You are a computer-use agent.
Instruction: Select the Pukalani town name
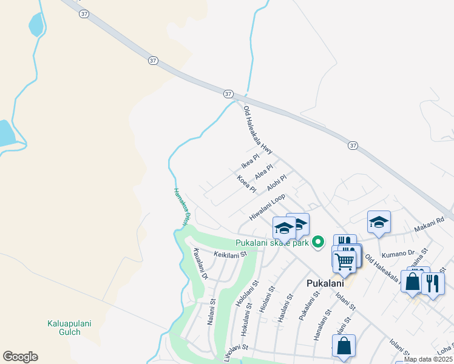pyautogui.click(x=325, y=283)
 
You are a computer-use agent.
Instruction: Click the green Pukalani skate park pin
pyautogui.click(x=317, y=243)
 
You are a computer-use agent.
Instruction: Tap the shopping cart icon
pyautogui.click(x=344, y=261)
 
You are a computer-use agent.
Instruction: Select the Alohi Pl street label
pyautogui.click(x=276, y=180)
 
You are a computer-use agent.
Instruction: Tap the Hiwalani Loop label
pyautogui.click(x=267, y=207)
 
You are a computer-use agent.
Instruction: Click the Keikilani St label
pyautogui.click(x=231, y=255)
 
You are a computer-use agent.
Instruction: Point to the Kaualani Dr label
pyautogui.click(x=200, y=264)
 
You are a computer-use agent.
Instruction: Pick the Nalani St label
pyautogui.click(x=211, y=311)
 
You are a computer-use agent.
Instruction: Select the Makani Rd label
pyautogui.click(x=430, y=226)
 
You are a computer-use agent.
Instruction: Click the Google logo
pyautogui.click(x=20, y=357)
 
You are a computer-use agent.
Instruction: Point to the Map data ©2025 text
pyautogui.click(x=428, y=359)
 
